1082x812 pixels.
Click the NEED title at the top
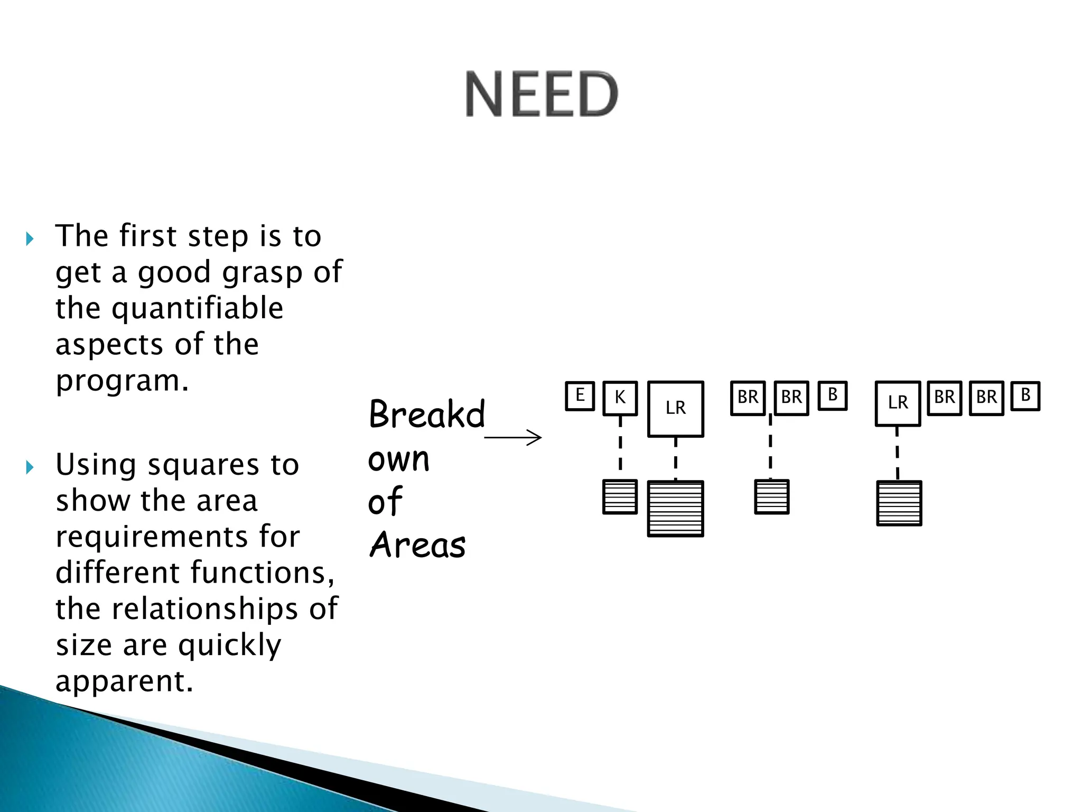click(x=542, y=94)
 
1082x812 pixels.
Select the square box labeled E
click(x=580, y=396)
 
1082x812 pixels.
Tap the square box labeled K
click(x=620, y=398)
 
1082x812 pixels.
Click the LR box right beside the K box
click(x=675, y=409)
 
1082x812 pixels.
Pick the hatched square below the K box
click(x=620, y=497)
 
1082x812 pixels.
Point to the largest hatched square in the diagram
click(x=675, y=509)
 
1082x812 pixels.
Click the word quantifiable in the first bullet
click(x=198, y=308)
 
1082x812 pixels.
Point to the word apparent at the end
click(x=125, y=681)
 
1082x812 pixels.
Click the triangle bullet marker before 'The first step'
click(x=30, y=239)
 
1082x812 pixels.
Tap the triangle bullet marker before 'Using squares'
click(x=30, y=467)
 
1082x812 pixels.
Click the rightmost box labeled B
click(x=1025, y=396)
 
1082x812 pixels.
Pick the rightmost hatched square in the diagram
click(x=899, y=503)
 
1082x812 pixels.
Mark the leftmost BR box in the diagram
click(x=748, y=398)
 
